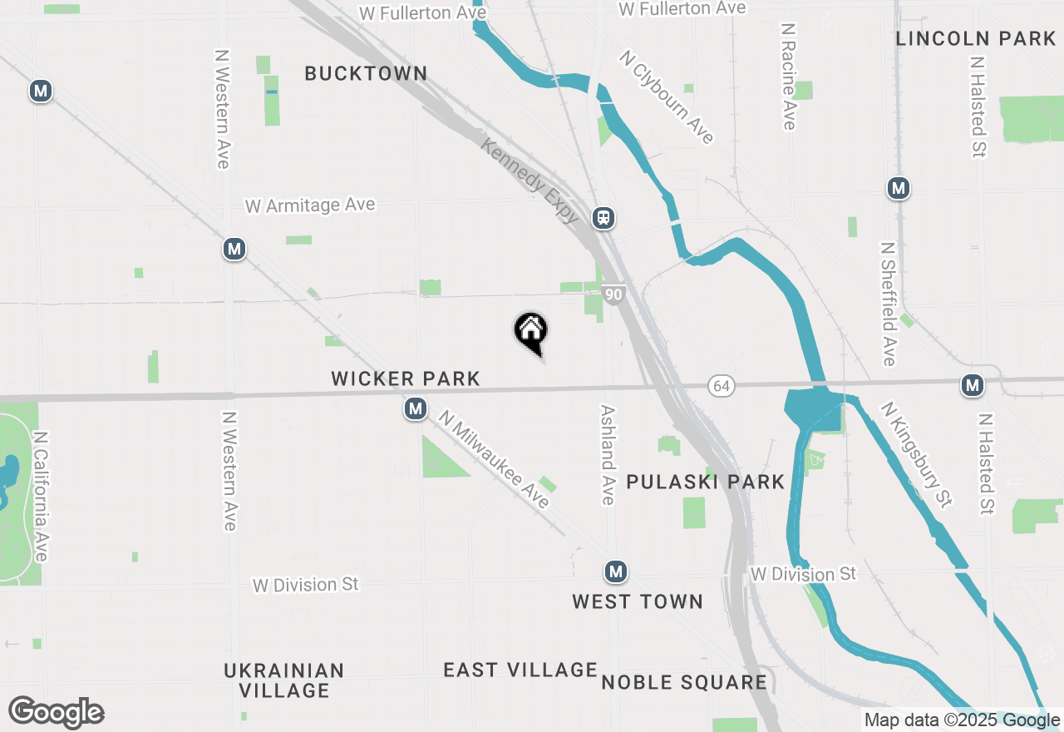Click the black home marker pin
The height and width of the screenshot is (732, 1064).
[x=530, y=332]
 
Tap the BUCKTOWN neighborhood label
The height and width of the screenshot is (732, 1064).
[x=366, y=73]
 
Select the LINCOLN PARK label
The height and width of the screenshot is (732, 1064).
[x=976, y=38]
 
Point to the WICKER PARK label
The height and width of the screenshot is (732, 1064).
[x=406, y=379]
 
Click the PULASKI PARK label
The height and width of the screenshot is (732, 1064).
[x=705, y=482]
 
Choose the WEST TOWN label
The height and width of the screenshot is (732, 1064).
[x=638, y=601]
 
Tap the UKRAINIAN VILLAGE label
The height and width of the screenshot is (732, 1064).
[x=283, y=680]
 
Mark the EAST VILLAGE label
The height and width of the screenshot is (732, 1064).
[x=520, y=670]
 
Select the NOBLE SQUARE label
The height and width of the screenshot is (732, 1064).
[x=684, y=683]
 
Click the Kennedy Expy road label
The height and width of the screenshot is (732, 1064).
[x=530, y=181]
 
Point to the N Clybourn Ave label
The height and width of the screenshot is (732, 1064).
[x=666, y=96]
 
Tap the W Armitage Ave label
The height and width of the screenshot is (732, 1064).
[x=310, y=205]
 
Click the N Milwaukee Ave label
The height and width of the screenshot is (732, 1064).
[x=494, y=458]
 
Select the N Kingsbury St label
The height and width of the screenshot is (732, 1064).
[x=916, y=454]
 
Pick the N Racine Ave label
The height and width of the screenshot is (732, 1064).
[x=789, y=76]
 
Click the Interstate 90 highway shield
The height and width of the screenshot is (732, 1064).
[x=613, y=294]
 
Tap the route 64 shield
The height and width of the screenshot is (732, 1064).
[x=722, y=386]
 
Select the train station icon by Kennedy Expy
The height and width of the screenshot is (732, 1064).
[x=603, y=218]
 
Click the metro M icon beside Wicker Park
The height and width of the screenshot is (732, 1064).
[x=416, y=408]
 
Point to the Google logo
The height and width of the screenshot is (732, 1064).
[x=56, y=712]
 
